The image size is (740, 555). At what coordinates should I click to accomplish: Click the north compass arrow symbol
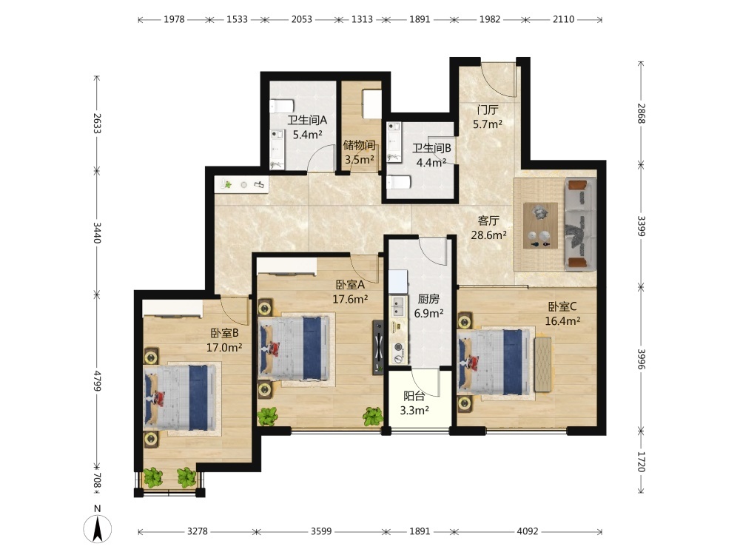coord(98,528)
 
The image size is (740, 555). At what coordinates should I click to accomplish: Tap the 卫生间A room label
coord(307,121)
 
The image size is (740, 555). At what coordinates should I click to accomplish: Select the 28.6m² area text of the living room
coord(488,235)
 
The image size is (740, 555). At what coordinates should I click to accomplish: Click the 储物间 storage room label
coord(359,145)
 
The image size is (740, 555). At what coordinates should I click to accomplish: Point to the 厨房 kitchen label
coord(428,299)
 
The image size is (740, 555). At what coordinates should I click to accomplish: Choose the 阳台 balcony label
coord(414,397)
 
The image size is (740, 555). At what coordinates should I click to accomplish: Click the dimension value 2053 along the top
coord(302,19)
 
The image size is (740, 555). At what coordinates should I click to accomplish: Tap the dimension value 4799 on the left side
coord(97,380)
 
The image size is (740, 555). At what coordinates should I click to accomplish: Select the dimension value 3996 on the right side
coord(641,359)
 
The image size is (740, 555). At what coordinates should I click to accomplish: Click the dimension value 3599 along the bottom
coord(321,531)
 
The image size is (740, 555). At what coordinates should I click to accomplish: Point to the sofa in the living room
coord(580,224)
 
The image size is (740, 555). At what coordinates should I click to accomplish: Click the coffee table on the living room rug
coord(540,226)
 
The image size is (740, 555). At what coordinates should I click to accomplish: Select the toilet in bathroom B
coord(398,182)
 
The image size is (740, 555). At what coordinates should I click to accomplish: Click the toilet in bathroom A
coord(282,106)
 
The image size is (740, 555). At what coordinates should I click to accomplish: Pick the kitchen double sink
coord(398,306)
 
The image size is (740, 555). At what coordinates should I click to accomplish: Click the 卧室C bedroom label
coord(562,307)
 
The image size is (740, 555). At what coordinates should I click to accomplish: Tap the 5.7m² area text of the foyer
coord(488,124)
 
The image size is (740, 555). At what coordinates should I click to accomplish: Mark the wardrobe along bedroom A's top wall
coord(286,266)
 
